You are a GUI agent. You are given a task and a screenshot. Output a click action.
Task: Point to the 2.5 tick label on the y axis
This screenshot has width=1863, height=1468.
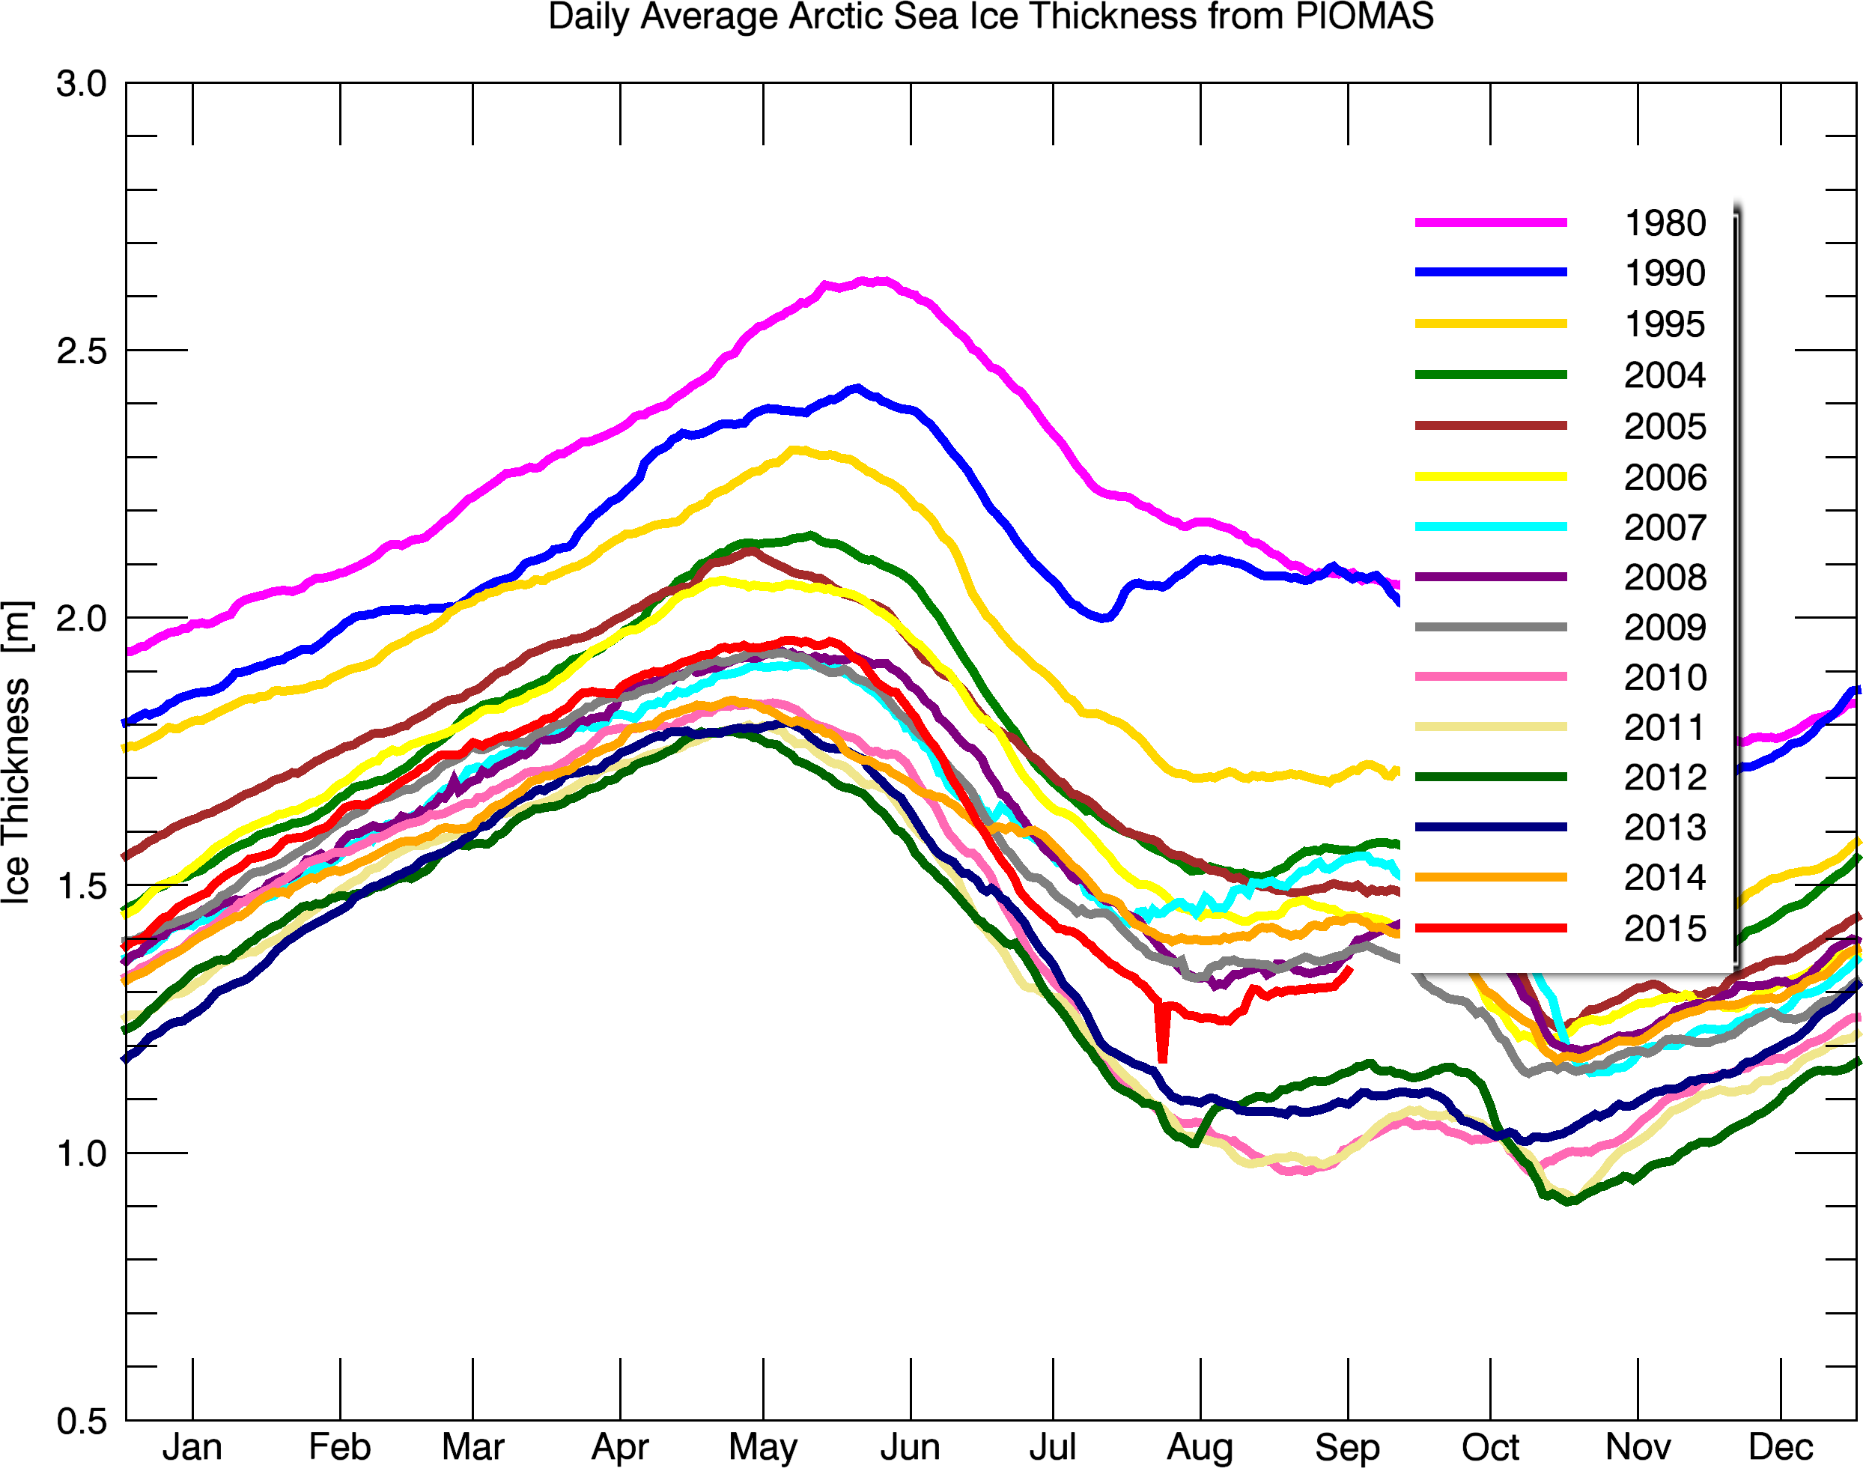[x=82, y=351]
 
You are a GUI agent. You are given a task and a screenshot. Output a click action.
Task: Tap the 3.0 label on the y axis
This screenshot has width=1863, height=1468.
[x=82, y=84]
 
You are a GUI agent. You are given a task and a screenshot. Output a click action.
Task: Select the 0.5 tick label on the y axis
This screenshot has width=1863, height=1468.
[x=82, y=1422]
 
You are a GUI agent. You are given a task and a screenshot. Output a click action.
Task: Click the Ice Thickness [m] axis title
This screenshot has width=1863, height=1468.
[x=17, y=752]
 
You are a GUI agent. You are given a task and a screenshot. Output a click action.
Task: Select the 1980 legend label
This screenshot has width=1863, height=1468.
[x=1665, y=223]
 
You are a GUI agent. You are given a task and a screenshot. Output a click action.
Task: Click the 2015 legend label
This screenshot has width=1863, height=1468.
[x=1665, y=928]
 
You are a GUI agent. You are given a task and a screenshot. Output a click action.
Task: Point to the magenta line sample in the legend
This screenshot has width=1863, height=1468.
[x=1491, y=222]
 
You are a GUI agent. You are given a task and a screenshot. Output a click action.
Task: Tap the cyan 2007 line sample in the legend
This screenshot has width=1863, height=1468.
[x=1491, y=526]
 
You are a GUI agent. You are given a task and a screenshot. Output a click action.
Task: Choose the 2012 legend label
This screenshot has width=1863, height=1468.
[x=1665, y=777]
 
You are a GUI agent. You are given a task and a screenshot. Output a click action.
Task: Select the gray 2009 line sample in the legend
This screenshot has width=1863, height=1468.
[x=1491, y=627]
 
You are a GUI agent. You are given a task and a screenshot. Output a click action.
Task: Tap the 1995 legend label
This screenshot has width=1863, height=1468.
[x=1665, y=324]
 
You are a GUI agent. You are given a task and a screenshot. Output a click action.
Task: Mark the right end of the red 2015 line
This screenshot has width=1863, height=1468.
[x=1351, y=969]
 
